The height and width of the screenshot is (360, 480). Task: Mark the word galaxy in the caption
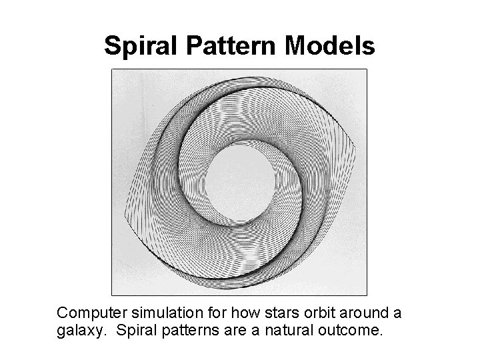tap(77, 329)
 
